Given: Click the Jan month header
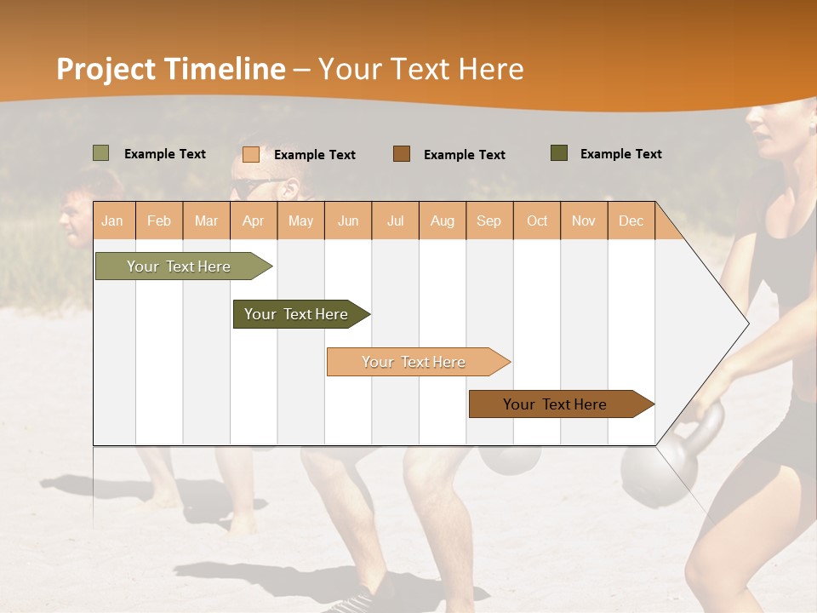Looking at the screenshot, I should coord(112,221).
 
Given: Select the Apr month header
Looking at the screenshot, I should coord(254,221).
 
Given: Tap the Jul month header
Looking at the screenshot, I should coord(395,221).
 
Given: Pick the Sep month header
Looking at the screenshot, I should coord(488,221).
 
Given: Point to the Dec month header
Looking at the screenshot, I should coord(631,221).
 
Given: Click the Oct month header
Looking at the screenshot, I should coord(537,221).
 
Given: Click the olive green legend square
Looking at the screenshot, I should coord(101,153).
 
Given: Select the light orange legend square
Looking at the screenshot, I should coord(251,154).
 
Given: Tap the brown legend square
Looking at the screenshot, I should coord(402,154).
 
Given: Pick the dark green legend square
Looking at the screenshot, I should coord(559,153).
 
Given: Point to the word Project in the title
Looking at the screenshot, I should coord(106,69).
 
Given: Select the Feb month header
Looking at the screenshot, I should coord(159,221).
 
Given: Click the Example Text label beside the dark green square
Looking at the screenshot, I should coord(620,153).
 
